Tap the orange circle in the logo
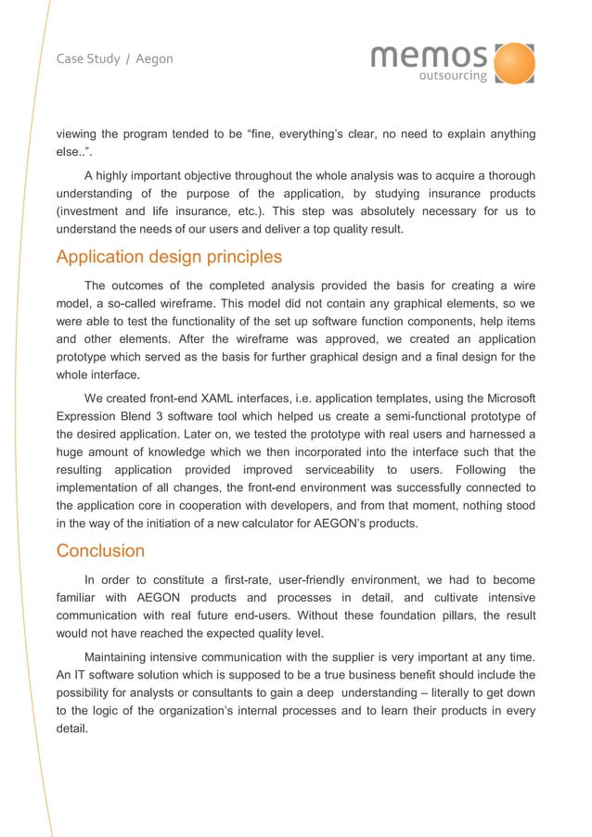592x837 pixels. tap(514, 62)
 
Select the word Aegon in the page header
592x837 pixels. tap(154, 59)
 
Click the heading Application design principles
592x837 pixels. tap(169, 257)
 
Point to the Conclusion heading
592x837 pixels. tap(100, 551)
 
